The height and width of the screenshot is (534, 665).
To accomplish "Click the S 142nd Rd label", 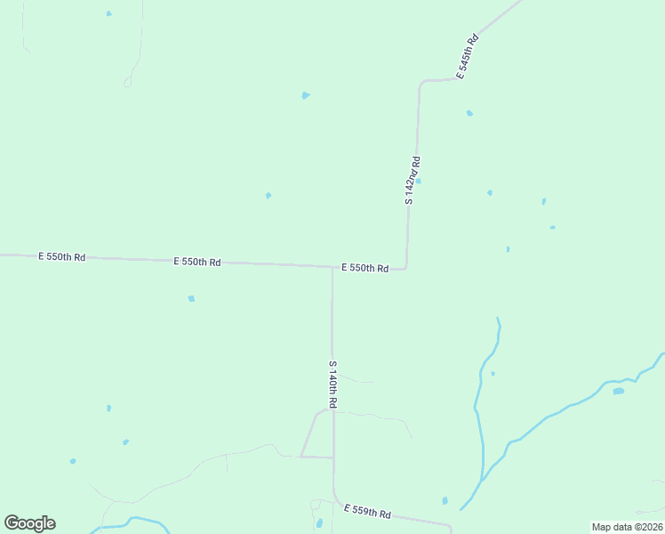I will (413, 181).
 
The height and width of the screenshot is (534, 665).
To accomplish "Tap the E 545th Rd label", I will (469, 57).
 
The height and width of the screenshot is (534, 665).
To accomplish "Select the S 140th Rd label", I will (332, 384).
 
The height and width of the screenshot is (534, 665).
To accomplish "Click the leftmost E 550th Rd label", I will (61, 256).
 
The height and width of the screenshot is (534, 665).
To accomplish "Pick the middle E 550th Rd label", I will (197, 262).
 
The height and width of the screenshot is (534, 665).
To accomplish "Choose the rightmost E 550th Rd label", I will (365, 268).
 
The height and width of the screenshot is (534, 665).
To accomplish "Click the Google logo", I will (29, 523).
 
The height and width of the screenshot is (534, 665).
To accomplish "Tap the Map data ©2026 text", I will (627, 527).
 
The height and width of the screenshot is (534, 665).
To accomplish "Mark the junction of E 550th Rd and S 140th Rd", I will (332, 266).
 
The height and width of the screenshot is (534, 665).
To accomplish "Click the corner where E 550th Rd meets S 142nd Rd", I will (406, 267).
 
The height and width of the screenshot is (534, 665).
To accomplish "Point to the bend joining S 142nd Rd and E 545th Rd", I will (421, 82).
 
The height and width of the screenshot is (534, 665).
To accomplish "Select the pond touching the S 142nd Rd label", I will (418, 181).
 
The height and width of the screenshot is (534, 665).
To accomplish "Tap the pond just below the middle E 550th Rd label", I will (191, 299).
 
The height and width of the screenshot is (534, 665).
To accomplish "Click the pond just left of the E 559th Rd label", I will (319, 523).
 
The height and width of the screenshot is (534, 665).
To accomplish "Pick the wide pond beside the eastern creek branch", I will (618, 391).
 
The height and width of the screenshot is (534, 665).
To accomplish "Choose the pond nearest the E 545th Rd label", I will (469, 113).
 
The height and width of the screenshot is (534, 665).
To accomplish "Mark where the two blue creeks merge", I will (483, 479).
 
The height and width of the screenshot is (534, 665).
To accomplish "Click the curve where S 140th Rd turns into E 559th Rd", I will (336, 499).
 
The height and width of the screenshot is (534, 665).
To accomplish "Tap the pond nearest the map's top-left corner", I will (109, 13).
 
